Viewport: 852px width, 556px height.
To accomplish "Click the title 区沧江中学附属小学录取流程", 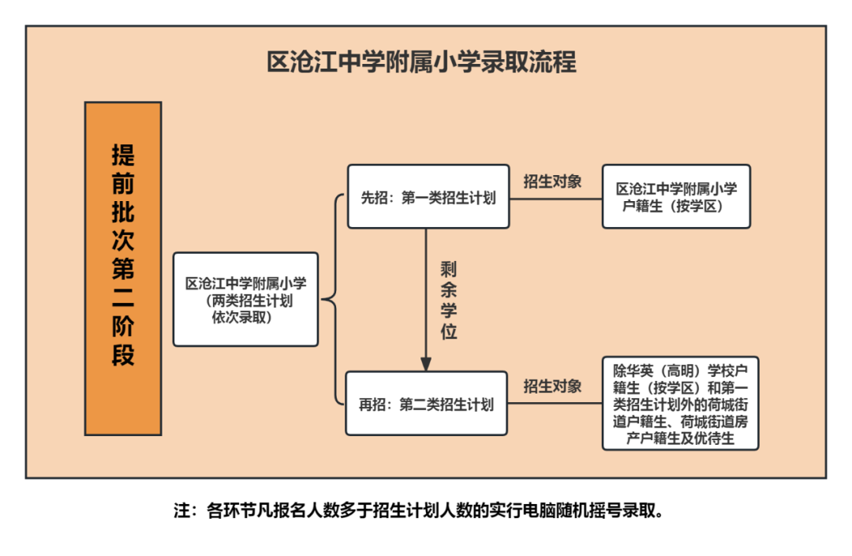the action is (x=421, y=62).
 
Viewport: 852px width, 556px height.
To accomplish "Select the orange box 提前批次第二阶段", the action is (x=123, y=268).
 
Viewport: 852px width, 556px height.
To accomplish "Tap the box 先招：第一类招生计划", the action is (x=428, y=196).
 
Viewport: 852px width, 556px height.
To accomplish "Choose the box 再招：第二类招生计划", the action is (x=427, y=404).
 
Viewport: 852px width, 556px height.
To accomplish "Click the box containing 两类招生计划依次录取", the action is (x=245, y=299).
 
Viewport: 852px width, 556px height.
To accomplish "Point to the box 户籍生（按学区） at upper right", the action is (x=676, y=196).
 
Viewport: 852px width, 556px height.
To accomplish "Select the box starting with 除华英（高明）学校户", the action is (x=680, y=404).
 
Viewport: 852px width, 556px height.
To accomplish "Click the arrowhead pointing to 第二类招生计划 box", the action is (x=426, y=364).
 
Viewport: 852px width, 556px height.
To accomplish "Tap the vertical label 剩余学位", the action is (x=448, y=300).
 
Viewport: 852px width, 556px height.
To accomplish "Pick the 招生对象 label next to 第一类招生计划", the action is (x=552, y=181).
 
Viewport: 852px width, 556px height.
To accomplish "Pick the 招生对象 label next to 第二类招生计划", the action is (x=552, y=386).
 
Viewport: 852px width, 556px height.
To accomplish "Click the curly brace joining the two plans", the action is (x=333, y=299).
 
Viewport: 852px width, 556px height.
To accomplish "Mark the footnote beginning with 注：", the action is (x=418, y=510).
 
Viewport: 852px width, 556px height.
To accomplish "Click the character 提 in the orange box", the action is (x=123, y=155).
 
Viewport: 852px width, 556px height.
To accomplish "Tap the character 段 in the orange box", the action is (x=123, y=355).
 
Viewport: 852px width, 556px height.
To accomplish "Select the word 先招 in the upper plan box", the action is (x=375, y=198).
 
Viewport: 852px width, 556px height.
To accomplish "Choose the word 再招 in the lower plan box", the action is (x=372, y=405).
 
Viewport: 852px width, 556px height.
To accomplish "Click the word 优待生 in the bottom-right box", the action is (x=714, y=438).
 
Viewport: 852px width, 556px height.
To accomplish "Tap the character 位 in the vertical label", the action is (x=448, y=330).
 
